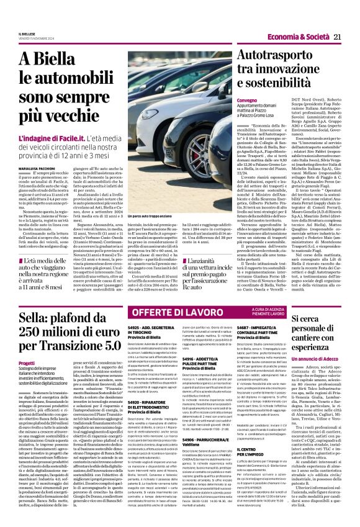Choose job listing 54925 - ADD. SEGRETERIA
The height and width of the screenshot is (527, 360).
[151, 346]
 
